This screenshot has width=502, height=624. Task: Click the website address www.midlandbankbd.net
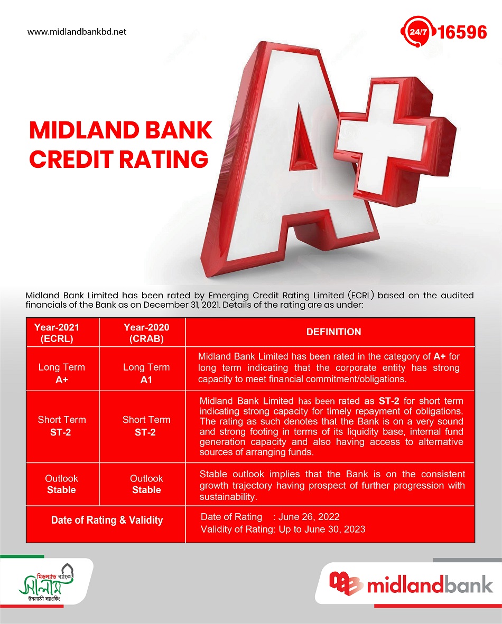click(77, 32)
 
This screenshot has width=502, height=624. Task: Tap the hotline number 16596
click(462, 32)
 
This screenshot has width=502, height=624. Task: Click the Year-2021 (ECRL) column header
click(57, 333)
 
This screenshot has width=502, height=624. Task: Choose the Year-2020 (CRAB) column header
click(146, 333)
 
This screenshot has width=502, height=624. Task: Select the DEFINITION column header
click(333, 332)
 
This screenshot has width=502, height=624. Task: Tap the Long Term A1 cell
click(146, 373)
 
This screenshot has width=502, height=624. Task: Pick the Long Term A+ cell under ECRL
click(62, 373)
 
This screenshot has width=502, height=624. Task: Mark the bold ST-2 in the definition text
click(389, 401)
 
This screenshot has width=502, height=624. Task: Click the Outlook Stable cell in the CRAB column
click(146, 484)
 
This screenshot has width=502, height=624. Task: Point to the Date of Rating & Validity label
click(107, 520)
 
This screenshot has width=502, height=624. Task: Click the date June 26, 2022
click(309, 517)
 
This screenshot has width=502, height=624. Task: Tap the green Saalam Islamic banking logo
click(46, 582)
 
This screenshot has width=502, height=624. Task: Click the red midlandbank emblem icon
click(345, 583)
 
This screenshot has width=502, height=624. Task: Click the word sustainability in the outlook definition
click(228, 497)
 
